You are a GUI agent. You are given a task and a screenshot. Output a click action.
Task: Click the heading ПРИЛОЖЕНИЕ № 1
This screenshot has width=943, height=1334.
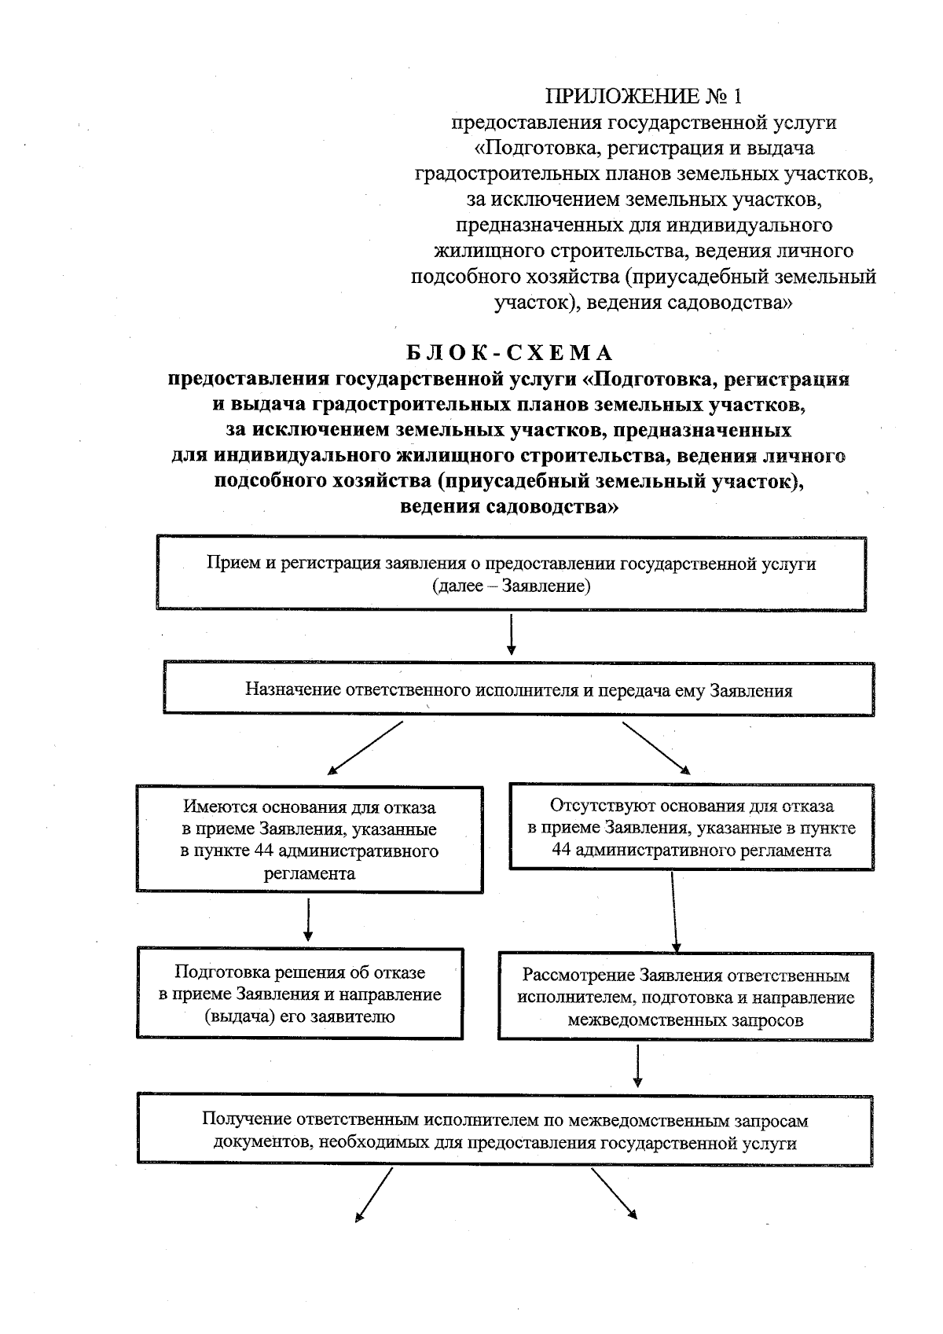tap(644, 96)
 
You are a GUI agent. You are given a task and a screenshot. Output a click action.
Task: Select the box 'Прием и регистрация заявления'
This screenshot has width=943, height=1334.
tap(511, 575)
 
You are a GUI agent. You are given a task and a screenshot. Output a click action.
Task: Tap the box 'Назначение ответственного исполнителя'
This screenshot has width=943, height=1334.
tap(519, 690)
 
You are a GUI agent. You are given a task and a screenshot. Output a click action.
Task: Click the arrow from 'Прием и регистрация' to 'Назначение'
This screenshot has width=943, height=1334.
tap(512, 634)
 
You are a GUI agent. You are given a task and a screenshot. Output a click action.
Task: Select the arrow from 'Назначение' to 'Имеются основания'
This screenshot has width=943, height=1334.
tap(365, 748)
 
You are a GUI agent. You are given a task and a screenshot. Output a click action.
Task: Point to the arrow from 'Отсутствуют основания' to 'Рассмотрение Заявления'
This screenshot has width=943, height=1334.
tap(674, 912)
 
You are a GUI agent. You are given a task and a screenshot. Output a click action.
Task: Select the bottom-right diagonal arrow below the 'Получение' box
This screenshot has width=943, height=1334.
tap(614, 1193)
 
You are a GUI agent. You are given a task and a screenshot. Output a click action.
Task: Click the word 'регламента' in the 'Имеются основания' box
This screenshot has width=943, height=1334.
tap(309, 873)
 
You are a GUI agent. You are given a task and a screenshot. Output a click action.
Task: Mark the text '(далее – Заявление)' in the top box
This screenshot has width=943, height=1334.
tap(511, 586)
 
